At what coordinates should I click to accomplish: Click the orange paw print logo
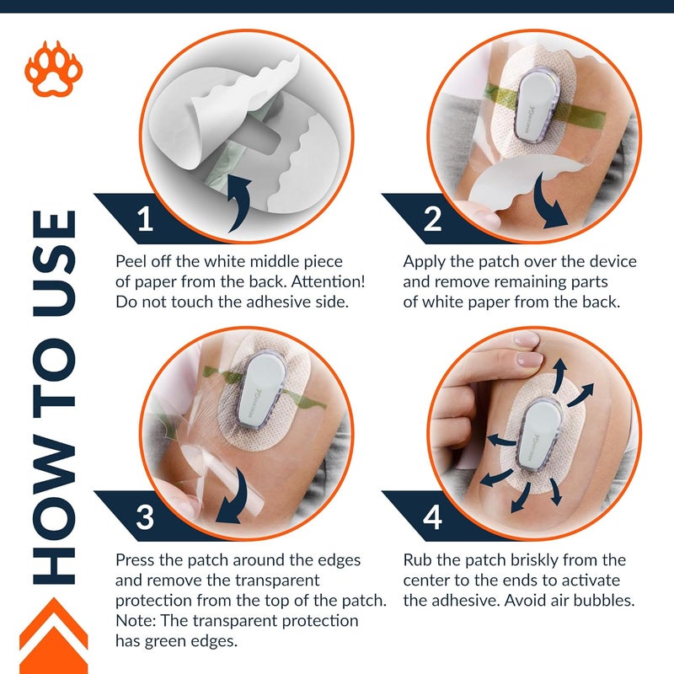coord(54,69)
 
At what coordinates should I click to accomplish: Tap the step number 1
coord(145,219)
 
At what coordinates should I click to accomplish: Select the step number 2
coord(432,219)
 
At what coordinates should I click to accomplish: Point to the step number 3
coord(145,517)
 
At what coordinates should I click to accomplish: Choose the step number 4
coord(432,517)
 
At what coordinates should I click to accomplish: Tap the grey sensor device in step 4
coord(539,434)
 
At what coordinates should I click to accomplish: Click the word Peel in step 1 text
coord(130,261)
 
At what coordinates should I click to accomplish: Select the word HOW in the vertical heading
coord(55,510)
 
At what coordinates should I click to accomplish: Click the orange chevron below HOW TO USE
coord(54,635)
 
